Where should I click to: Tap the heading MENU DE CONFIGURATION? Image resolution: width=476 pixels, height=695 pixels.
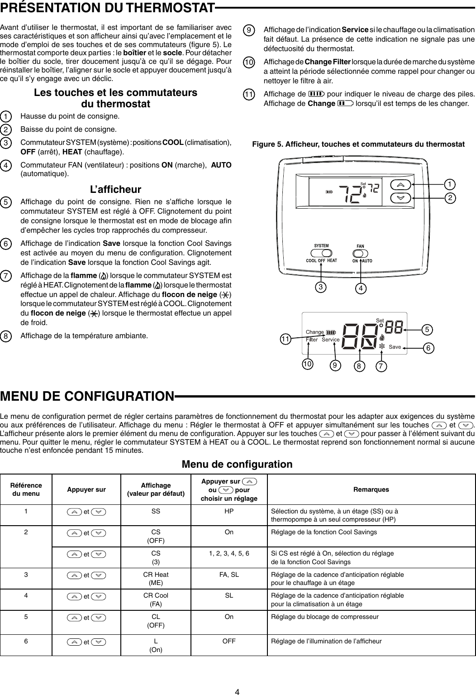point(87,396)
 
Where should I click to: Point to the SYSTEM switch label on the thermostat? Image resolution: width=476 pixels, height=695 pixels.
point(321,246)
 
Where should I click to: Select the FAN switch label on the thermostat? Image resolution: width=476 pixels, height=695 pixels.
point(360,246)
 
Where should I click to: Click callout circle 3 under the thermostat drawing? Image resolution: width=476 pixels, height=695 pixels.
point(321,287)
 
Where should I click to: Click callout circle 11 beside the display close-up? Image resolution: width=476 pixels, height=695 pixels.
point(285,339)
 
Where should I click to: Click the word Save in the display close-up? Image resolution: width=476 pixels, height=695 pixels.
point(395,347)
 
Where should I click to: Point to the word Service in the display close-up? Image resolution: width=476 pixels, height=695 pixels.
point(331,340)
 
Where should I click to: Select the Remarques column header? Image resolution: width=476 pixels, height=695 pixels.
point(371,489)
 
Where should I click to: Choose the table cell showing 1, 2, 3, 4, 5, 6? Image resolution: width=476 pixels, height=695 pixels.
point(229,553)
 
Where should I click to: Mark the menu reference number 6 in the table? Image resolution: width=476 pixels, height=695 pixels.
point(26,641)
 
